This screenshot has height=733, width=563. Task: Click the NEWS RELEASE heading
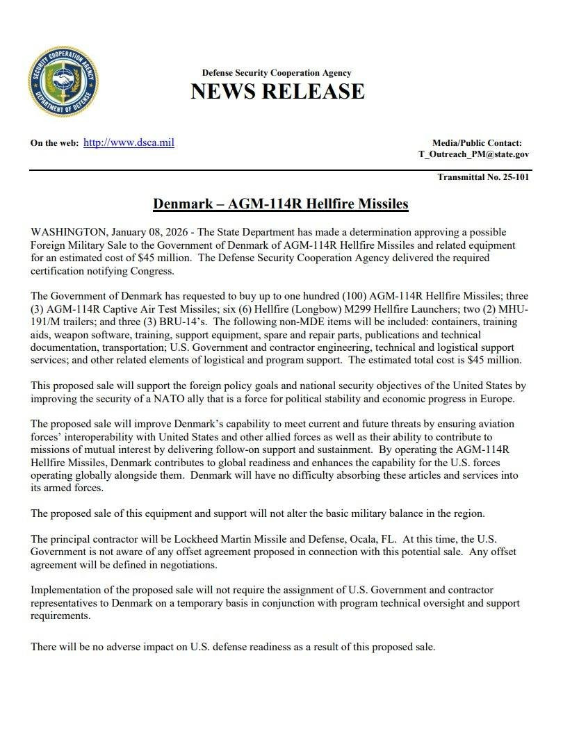point(277,92)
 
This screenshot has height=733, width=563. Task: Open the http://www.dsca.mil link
point(129,142)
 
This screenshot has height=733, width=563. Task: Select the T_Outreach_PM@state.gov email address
point(473,154)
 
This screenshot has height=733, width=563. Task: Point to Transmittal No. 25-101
point(483,177)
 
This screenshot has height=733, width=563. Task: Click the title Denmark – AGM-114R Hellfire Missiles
point(280,204)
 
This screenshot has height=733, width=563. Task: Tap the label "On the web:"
point(54,143)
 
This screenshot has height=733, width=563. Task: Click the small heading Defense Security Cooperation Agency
point(277,73)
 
